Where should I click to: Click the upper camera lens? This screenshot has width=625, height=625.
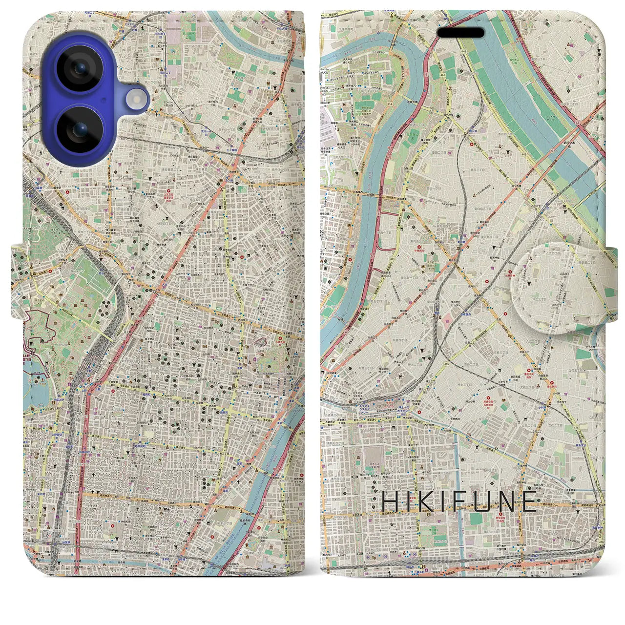(x=78, y=69)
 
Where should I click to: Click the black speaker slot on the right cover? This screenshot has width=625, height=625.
(x=460, y=33)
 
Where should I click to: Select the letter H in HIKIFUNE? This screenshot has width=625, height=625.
(x=390, y=501)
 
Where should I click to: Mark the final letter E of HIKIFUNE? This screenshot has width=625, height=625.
(x=529, y=501)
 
